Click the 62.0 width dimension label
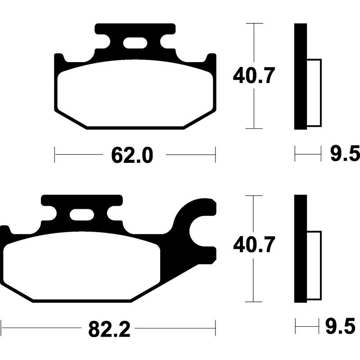click(x=133, y=156)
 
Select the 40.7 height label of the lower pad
click(x=253, y=246)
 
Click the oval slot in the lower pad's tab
click(x=81, y=215)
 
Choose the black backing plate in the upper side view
click(x=301, y=76)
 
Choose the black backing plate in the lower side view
click(x=301, y=248)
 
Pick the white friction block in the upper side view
click(x=315, y=93)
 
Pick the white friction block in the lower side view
click(x=315, y=265)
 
